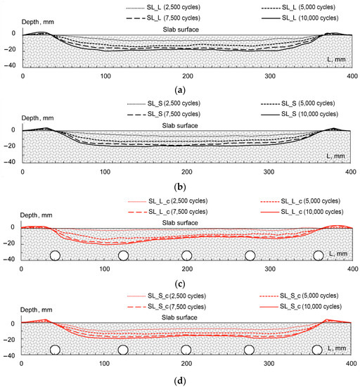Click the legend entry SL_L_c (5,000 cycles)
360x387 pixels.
[x=302, y=202]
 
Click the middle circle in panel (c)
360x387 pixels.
[x=187, y=255]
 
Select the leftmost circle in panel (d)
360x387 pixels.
[x=55, y=350]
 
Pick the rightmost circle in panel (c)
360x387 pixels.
[x=319, y=255]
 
